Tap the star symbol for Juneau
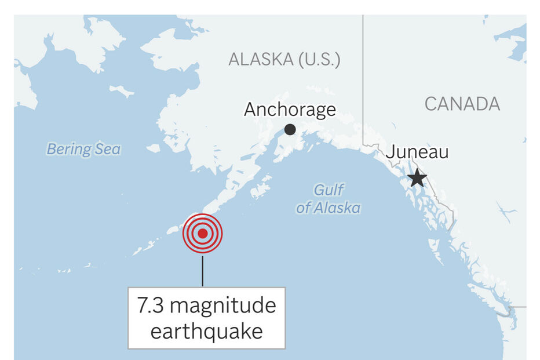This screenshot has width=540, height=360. click(x=417, y=178)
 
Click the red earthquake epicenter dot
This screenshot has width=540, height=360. click(x=203, y=234)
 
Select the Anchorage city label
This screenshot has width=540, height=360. click(x=290, y=110)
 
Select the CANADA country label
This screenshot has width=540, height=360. click(x=462, y=104)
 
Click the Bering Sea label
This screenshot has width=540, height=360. click(x=83, y=149)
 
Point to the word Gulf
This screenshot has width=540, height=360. click(x=329, y=190)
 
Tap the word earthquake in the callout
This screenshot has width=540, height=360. click(x=206, y=331)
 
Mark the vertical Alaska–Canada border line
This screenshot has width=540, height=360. click(x=363, y=75)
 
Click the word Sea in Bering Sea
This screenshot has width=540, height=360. click(x=108, y=149)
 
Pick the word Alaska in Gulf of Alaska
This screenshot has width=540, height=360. click(x=337, y=208)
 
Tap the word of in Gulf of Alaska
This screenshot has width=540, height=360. click(x=302, y=208)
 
